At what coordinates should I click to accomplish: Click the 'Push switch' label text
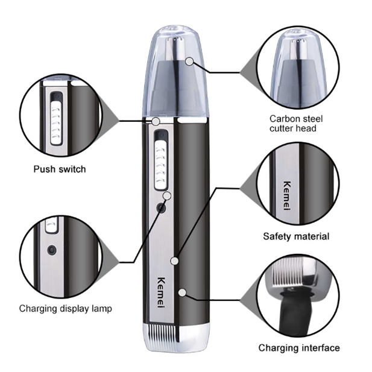(59, 169)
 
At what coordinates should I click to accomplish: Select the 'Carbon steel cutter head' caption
(293, 123)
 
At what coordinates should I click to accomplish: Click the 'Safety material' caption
(296, 236)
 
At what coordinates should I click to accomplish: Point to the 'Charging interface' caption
(299, 348)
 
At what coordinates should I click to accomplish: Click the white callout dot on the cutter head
(189, 61)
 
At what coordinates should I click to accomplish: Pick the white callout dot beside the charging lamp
(168, 195)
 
